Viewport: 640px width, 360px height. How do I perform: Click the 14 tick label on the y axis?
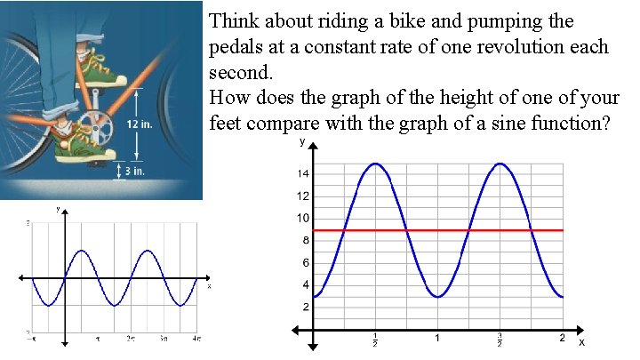click(x=303, y=174)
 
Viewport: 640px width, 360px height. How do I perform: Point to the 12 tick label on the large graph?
click(x=303, y=196)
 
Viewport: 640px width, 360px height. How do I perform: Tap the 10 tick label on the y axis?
click(x=303, y=219)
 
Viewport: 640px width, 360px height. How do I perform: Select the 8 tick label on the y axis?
click(x=306, y=241)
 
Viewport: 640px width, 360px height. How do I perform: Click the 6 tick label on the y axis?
click(x=306, y=263)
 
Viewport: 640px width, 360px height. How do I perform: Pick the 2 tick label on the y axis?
click(x=306, y=308)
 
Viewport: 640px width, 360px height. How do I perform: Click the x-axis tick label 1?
click(x=438, y=339)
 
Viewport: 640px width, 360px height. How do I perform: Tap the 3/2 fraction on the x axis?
click(x=500, y=340)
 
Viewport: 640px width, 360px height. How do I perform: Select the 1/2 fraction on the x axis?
click(x=376, y=340)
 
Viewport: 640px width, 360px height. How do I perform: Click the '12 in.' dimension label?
click(x=140, y=124)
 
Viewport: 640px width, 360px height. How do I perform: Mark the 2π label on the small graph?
click(x=131, y=339)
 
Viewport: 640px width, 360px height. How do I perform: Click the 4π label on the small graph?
click(x=195, y=339)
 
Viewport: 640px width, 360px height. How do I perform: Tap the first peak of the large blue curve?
click(x=376, y=164)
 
